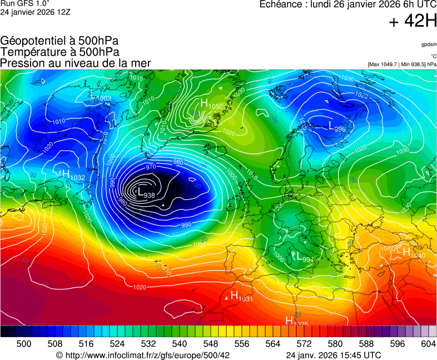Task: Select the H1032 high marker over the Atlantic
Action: pyautogui.click(x=73, y=175)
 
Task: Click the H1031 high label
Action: pyautogui.click(x=241, y=297)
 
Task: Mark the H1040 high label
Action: pyautogui.click(x=414, y=253)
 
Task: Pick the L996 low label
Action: pyautogui.click(x=337, y=127)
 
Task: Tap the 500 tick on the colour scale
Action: pyautogui.click(x=24, y=344)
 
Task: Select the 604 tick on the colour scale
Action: pyautogui.click(x=428, y=344)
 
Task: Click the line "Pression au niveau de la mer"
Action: pyautogui.click(x=76, y=63)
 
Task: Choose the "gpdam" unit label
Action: pyautogui.click(x=428, y=44)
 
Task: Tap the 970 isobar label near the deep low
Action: pyautogui.click(x=150, y=167)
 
